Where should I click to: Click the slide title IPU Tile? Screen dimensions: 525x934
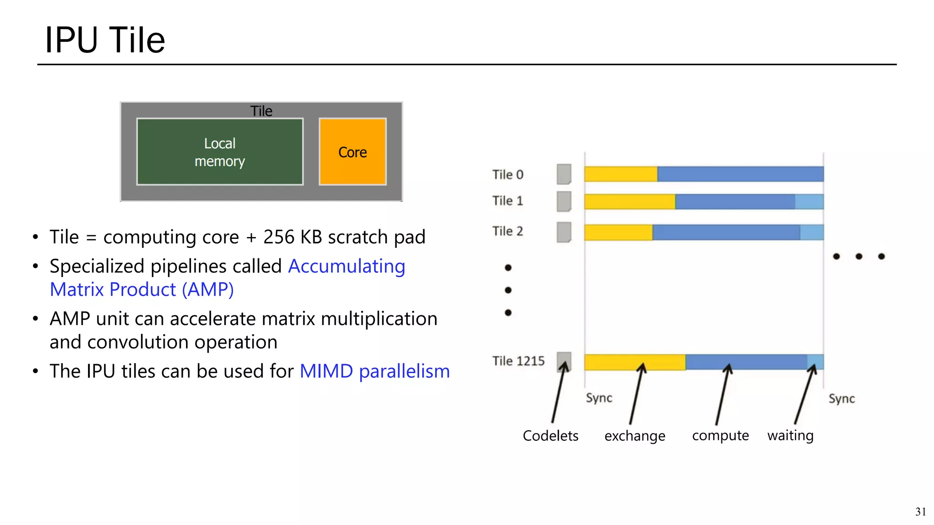[105, 40]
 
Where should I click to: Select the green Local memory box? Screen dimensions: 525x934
[220, 152]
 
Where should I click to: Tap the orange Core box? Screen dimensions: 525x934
[353, 152]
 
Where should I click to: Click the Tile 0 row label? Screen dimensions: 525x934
[508, 175]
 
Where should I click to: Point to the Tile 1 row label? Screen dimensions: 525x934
[508, 201]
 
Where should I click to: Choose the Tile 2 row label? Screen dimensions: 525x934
[508, 232]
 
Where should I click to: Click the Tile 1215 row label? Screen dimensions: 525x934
[519, 361]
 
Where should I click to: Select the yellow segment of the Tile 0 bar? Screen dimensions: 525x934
[621, 174]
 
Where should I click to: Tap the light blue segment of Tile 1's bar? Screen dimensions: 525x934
[809, 201]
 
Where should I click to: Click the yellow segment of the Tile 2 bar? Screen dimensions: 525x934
[618, 232]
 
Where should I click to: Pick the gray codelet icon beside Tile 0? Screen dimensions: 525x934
[564, 174]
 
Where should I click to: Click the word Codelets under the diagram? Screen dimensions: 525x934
[550, 436]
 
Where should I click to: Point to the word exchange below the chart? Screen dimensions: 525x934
[635, 436]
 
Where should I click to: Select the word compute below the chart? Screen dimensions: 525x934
[721, 436]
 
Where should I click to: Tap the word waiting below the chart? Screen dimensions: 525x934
[790, 436]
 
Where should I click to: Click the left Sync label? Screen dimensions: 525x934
[599, 398]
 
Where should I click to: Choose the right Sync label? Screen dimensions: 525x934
[841, 399]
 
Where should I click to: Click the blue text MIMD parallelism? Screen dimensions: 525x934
[374, 371]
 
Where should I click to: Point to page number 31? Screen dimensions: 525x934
[920, 512]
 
